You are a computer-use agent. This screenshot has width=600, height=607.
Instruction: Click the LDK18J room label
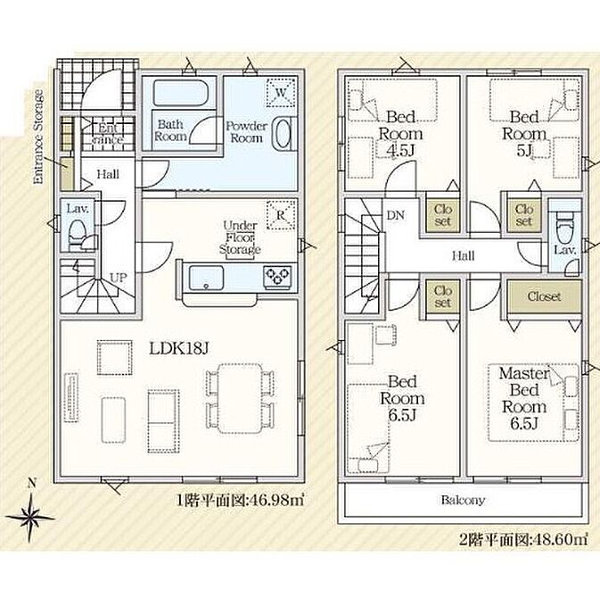coord(178,349)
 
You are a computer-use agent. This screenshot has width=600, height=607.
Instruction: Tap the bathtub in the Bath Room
coord(181,93)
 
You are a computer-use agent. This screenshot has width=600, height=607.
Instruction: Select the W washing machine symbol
coord(281,93)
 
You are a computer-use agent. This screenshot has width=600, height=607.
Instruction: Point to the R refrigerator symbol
coord(281,215)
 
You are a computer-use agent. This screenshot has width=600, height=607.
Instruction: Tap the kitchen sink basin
coord(206,278)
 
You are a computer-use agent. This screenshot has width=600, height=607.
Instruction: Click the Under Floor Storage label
coord(240,237)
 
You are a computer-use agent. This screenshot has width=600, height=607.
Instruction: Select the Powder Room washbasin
coord(283,133)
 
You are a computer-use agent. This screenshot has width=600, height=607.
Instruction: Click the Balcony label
coord(463,500)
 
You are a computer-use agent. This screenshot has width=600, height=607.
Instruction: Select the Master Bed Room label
coord(524,398)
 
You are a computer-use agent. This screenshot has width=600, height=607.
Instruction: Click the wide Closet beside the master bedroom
coord(544,296)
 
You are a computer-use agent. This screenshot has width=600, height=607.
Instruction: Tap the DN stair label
coord(396,215)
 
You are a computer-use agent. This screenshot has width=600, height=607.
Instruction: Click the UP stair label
coord(119,278)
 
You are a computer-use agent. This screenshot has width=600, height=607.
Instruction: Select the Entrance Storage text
coord(38,137)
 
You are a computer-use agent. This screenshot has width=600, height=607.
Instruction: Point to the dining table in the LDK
coord(240,398)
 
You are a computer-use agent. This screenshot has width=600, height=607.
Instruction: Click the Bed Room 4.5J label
coord(400,134)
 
